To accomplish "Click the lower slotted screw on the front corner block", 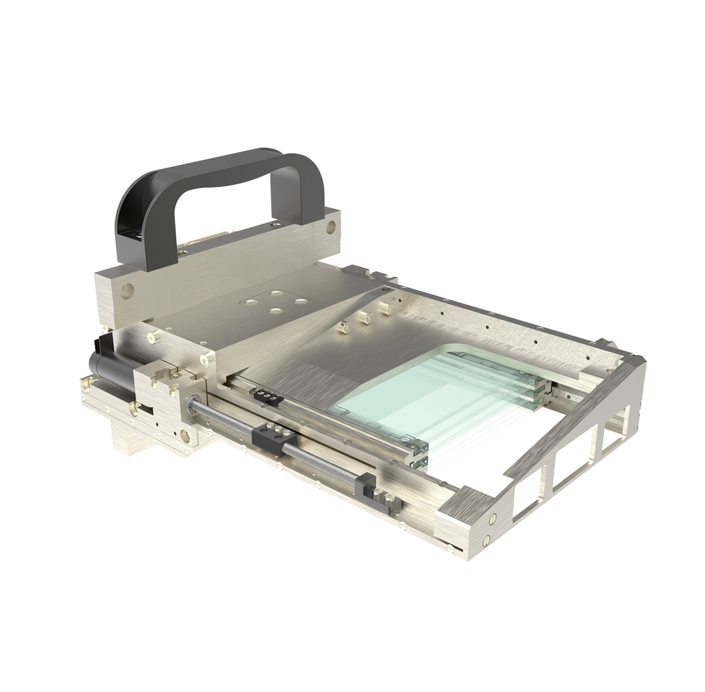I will click(x=485, y=540).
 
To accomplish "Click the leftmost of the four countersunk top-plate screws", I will click(x=251, y=302).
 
